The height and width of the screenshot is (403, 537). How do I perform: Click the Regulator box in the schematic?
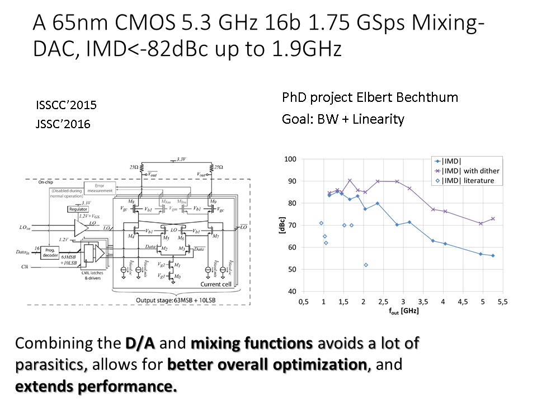click(x=79, y=209)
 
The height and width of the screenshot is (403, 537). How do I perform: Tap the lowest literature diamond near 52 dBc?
click(x=366, y=265)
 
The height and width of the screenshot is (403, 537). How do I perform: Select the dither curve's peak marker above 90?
click(x=350, y=181)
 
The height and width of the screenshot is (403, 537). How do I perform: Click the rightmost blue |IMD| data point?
click(x=493, y=256)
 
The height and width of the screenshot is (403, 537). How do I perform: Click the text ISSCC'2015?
click(x=66, y=105)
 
